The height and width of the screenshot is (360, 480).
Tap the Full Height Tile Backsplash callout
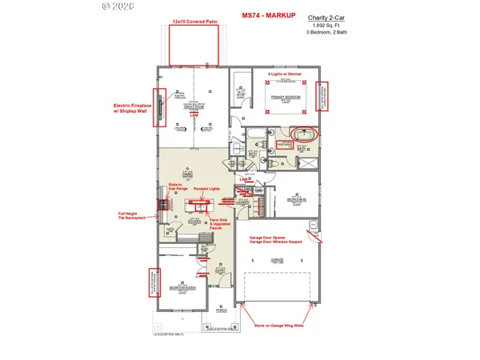point(133,217)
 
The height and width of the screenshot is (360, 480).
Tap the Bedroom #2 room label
point(295,200)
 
